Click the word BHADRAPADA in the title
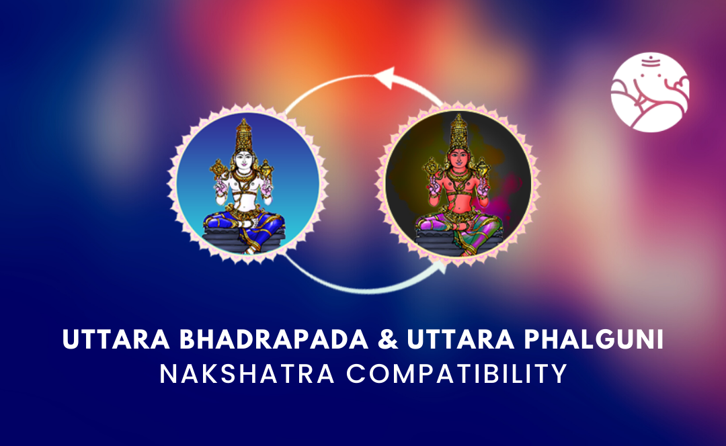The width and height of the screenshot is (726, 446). tap(274, 339)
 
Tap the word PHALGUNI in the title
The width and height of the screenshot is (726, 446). tap(594, 339)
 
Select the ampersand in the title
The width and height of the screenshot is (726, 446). tap(388, 339)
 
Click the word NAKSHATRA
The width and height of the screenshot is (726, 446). tap(247, 374)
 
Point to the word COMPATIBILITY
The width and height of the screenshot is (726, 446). tap(457, 374)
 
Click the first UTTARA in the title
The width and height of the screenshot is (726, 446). tap(116, 339)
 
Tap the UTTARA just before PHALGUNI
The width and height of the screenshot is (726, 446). tap(460, 339)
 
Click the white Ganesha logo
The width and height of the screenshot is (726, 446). tap(650, 92)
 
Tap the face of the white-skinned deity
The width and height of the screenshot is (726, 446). tap(243, 161)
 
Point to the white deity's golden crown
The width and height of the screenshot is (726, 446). tap(243, 135)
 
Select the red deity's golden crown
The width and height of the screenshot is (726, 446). tap(458, 132)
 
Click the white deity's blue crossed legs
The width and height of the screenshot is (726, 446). tap(244, 225)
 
